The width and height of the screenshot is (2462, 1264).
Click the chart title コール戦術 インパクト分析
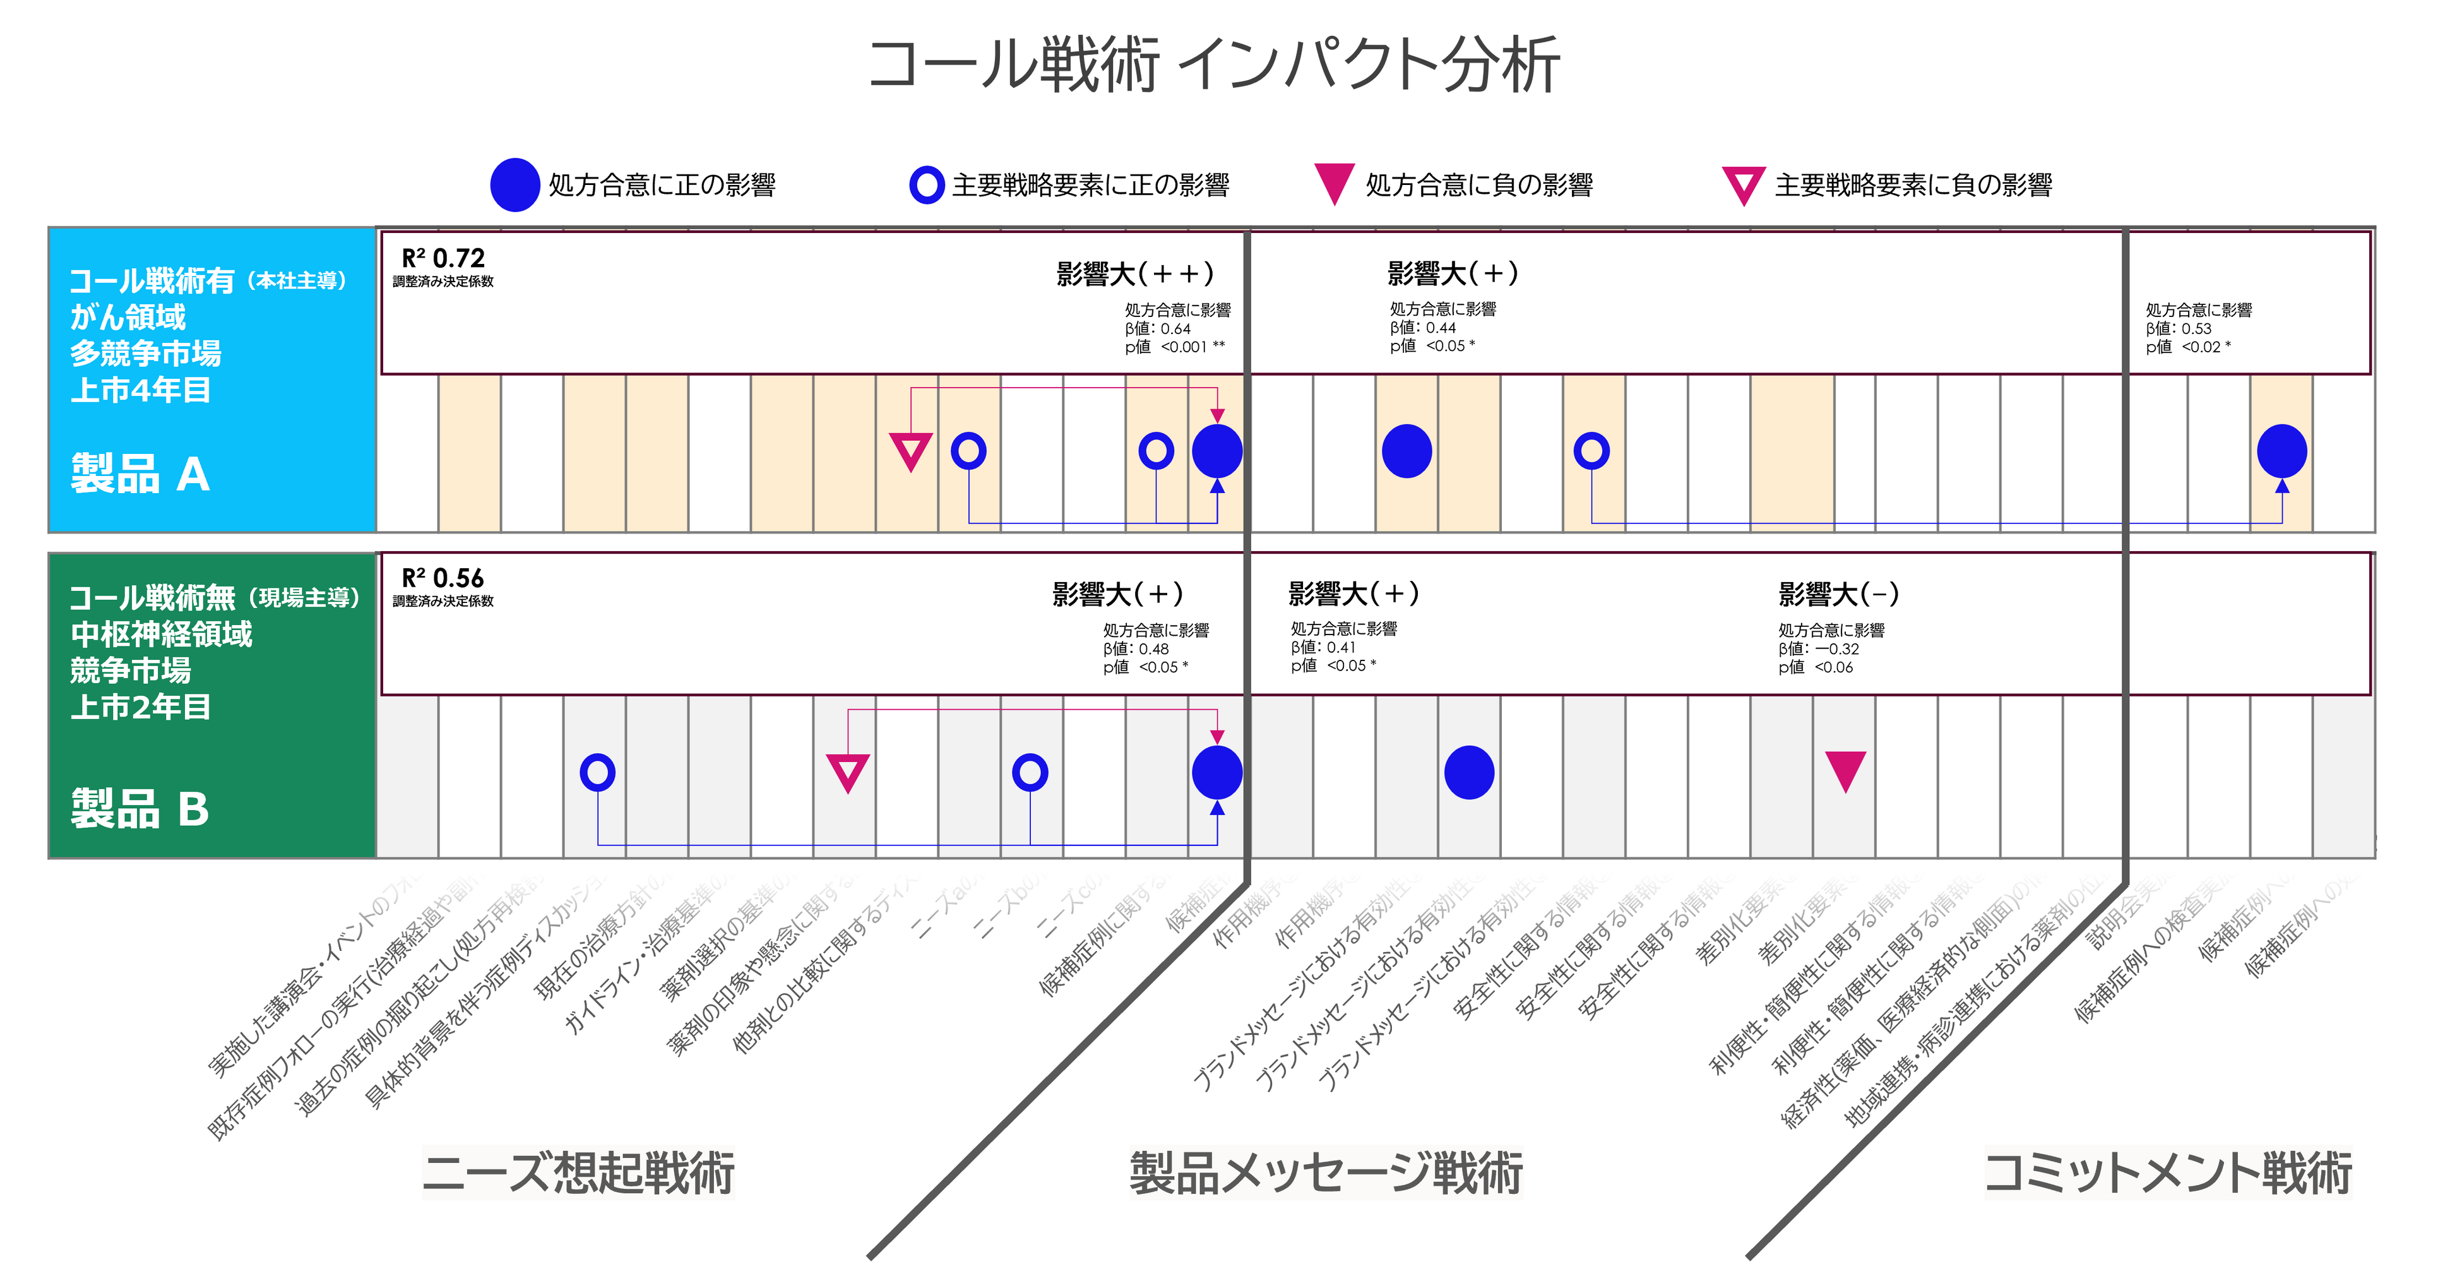click(x=1214, y=65)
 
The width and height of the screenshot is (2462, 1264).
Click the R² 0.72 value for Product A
click(x=443, y=258)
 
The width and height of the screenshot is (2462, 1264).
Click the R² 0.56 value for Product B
click(x=443, y=578)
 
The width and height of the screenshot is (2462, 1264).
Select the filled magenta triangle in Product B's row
click(x=1845, y=769)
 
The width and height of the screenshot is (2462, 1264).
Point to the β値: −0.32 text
click(x=1818, y=649)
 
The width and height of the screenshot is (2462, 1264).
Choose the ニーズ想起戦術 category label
click(x=578, y=1173)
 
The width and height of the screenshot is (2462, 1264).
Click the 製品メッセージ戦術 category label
click(x=1326, y=1173)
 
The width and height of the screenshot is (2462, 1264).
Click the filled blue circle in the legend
click(x=515, y=184)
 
